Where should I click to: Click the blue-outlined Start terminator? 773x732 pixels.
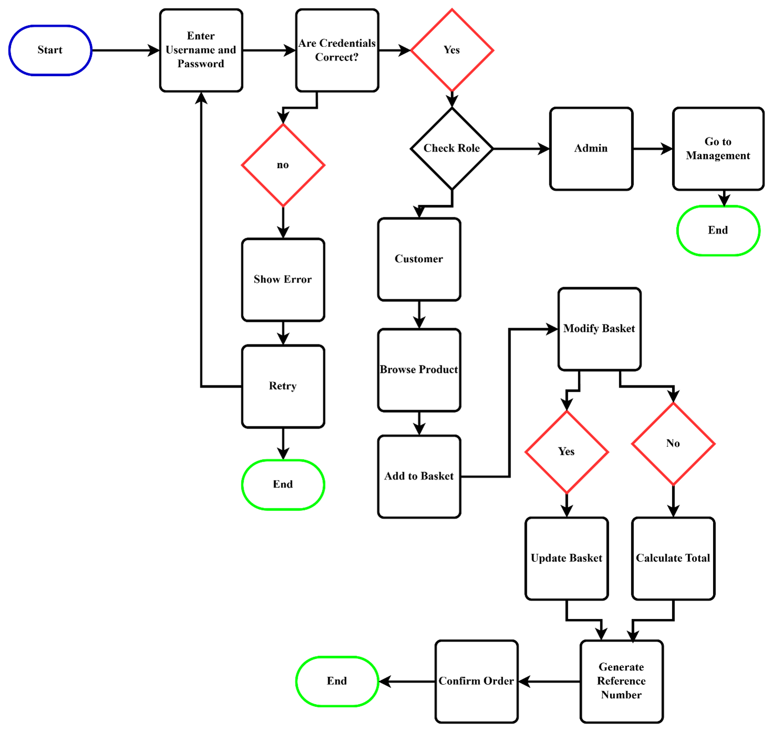[50, 50]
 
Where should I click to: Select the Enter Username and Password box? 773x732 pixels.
[201, 50]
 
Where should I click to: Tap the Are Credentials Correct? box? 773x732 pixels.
[337, 50]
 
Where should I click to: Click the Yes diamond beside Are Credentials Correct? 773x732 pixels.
[452, 50]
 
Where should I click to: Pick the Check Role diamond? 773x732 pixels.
[452, 149]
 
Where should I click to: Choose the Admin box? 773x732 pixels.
[591, 149]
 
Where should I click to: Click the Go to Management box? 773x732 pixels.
[718, 149]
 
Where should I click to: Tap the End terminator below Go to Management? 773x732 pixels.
[718, 231]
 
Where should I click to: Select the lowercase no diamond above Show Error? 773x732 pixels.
[283, 165]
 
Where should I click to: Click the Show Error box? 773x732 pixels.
[283, 280]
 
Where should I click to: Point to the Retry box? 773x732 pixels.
[283, 386]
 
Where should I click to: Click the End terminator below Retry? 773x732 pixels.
[283, 485]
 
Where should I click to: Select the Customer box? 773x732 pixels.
[419, 259]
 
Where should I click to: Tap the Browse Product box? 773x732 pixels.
[419, 370]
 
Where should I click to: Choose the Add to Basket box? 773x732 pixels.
[419, 477]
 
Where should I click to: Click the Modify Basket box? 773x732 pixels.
[600, 329]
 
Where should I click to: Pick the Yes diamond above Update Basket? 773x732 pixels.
[567, 452]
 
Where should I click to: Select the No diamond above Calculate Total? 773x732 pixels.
[673, 444]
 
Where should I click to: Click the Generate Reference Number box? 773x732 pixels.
[622, 682]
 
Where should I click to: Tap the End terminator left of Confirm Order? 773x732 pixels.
[337, 682]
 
